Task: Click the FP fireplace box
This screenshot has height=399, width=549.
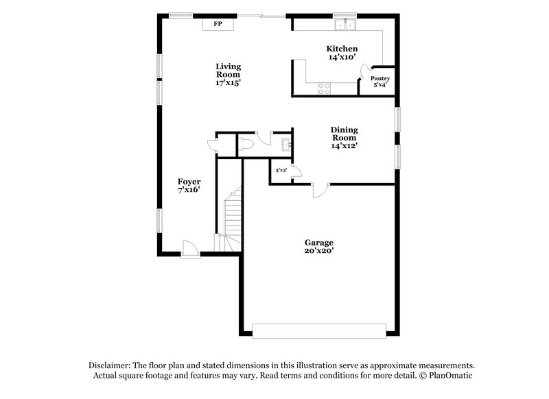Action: click(x=218, y=24)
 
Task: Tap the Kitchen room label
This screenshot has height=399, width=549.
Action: click(x=341, y=49)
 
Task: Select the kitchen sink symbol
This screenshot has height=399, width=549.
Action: click(x=345, y=25)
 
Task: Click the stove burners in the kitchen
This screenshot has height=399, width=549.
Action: click(x=325, y=87)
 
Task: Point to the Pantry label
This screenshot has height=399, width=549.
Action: click(x=380, y=78)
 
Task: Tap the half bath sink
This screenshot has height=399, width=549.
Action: click(x=286, y=144)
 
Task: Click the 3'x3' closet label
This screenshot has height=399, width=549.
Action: click(x=280, y=170)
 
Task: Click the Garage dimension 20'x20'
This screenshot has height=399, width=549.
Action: click(x=319, y=252)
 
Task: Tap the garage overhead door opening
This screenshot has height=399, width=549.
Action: click(x=320, y=330)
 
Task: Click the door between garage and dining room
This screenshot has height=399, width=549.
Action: click(x=319, y=191)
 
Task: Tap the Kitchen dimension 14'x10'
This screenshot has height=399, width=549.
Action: click(x=341, y=58)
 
